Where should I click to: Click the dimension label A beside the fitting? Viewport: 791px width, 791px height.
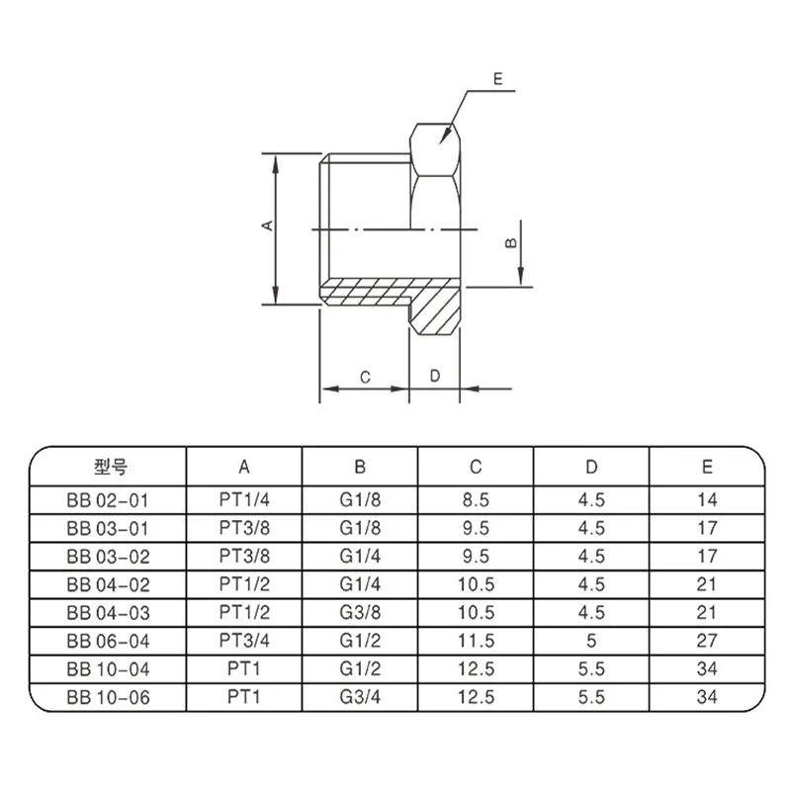click(266, 226)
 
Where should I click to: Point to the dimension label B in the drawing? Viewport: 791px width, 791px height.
click(510, 240)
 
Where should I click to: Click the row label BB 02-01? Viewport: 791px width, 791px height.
click(111, 500)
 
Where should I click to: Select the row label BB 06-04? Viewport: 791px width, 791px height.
click(111, 641)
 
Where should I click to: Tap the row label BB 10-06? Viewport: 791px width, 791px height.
click(111, 696)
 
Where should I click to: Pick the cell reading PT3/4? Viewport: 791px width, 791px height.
click(244, 641)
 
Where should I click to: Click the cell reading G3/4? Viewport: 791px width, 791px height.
click(359, 696)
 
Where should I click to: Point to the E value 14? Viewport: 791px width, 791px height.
click(707, 500)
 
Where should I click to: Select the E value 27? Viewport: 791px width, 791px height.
click(707, 641)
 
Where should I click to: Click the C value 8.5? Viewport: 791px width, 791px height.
click(475, 500)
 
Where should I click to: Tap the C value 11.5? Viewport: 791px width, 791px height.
click(475, 641)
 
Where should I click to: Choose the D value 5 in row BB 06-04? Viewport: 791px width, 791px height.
click(591, 641)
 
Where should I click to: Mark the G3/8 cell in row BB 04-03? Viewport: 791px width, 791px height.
click(359, 612)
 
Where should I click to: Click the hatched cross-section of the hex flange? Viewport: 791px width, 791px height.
click(437, 314)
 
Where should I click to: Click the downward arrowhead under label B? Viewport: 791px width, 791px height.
click(519, 278)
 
